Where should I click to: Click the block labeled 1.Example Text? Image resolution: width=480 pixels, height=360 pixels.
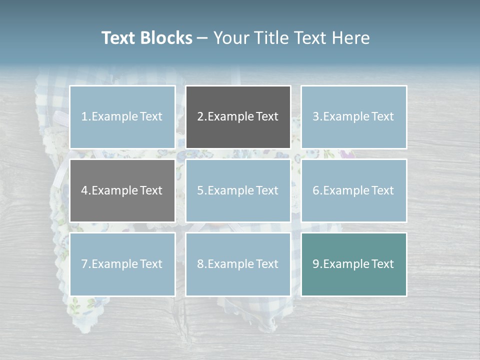coord(122,117)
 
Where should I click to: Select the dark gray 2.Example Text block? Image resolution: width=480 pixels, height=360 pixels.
coord(238,117)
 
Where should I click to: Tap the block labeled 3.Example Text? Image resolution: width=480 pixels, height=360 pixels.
coord(353,117)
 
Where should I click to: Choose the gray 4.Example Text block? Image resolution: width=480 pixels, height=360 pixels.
coord(122,190)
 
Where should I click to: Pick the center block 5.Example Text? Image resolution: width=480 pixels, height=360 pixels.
coord(238,190)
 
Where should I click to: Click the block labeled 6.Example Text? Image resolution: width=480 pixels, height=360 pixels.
coord(353,190)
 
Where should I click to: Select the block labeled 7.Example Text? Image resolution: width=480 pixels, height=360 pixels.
coord(122,264)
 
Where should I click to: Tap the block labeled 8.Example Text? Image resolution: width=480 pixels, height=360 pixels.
coord(238,264)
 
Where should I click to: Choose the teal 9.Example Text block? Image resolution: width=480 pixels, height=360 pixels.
coord(353,264)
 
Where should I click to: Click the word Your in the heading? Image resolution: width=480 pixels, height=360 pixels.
coord(230,38)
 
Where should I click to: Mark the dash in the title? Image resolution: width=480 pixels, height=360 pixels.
coord(202,38)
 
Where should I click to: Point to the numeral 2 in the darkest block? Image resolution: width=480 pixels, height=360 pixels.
coord(200,117)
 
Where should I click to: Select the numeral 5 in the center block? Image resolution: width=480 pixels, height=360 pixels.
coord(200,190)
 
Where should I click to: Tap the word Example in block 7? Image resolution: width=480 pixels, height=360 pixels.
coord(114,264)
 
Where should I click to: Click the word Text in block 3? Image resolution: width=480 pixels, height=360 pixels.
coord(382,117)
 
